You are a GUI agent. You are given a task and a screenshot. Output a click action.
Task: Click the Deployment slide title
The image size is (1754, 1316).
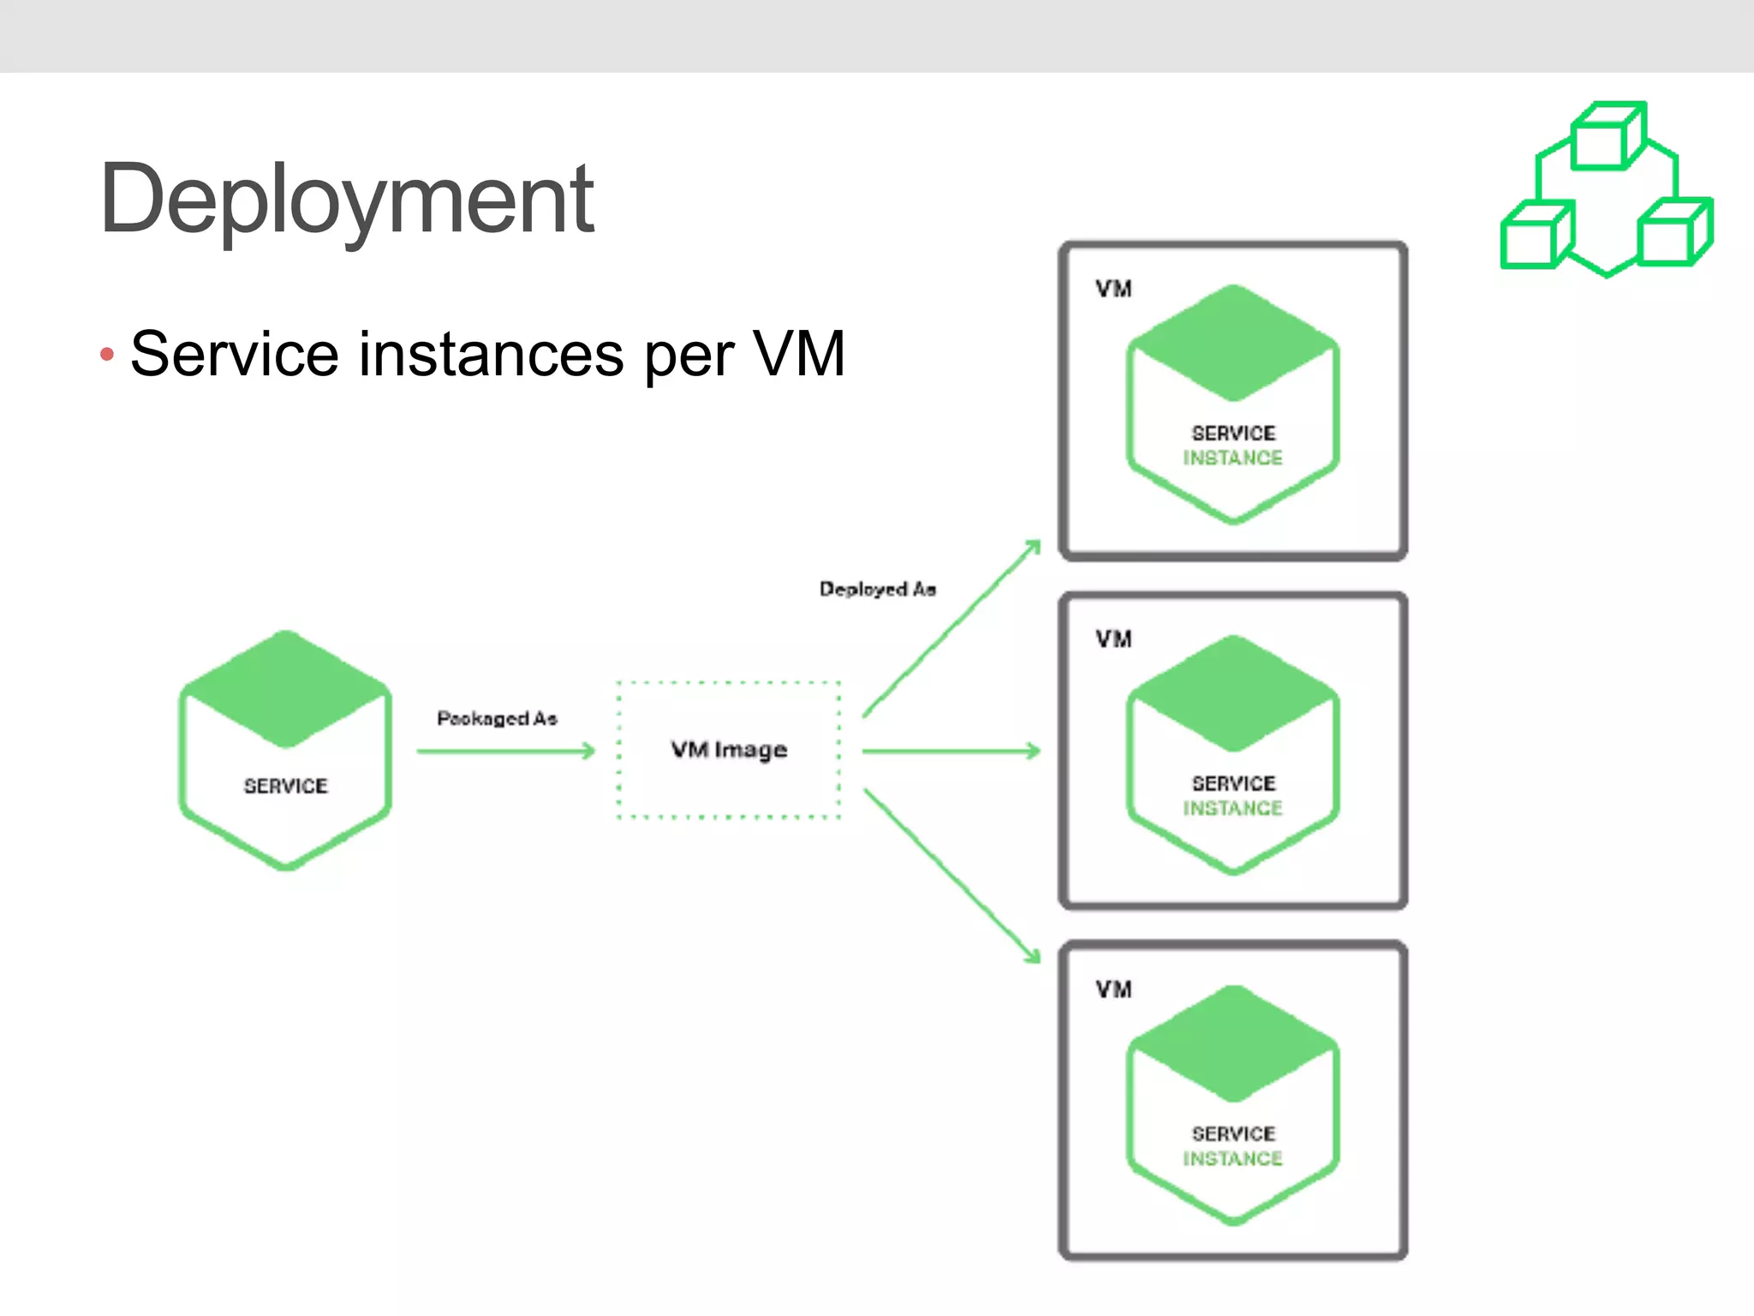pyautogui.click(x=346, y=200)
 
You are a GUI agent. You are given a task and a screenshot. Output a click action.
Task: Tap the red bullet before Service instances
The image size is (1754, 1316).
pyautogui.click(x=107, y=354)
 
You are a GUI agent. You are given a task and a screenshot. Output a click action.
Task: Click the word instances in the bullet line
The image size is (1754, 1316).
pyautogui.click(x=491, y=354)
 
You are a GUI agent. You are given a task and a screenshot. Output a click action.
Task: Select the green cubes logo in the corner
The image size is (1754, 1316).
pyautogui.click(x=1607, y=190)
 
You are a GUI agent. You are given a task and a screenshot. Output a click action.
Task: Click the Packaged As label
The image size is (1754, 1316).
pyautogui.click(x=497, y=718)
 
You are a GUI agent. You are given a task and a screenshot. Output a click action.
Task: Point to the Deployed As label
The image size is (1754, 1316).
pyautogui.click(x=877, y=589)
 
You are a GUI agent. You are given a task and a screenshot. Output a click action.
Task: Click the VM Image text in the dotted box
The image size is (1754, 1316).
pyautogui.click(x=729, y=750)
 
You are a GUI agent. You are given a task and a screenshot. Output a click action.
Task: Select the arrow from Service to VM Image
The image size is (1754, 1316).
pyautogui.click(x=505, y=751)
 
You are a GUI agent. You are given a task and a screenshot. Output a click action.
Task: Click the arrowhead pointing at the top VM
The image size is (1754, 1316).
pyautogui.click(x=1034, y=547)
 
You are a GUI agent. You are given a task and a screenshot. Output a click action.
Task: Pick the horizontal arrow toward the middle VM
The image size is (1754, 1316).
pyautogui.click(x=951, y=751)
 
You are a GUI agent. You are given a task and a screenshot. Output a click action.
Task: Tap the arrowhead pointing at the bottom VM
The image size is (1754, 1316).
pyautogui.click(x=1033, y=955)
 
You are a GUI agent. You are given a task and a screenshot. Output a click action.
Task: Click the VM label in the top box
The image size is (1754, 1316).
pyautogui.click(x=1113, y=289)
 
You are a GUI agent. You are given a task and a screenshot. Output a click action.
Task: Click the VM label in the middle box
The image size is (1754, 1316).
pyautogui.click(x=1113, y=639)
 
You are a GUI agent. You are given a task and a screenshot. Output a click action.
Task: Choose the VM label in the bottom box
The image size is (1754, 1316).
pyautogui.click(x=1113, y=990)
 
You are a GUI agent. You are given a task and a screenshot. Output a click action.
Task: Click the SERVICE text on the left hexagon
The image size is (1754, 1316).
pyautogui.click(x=285, y=786)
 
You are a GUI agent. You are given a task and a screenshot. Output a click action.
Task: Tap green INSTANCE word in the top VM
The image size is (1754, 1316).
pyautogui.click(x=1232, y=458)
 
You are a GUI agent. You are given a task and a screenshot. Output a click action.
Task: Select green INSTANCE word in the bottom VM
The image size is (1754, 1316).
pyautogui.click(x=1232, y=1159)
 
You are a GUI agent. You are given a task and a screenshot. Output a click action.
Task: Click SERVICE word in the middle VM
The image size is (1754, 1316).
pyautogui.click(x=1233, y=783)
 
